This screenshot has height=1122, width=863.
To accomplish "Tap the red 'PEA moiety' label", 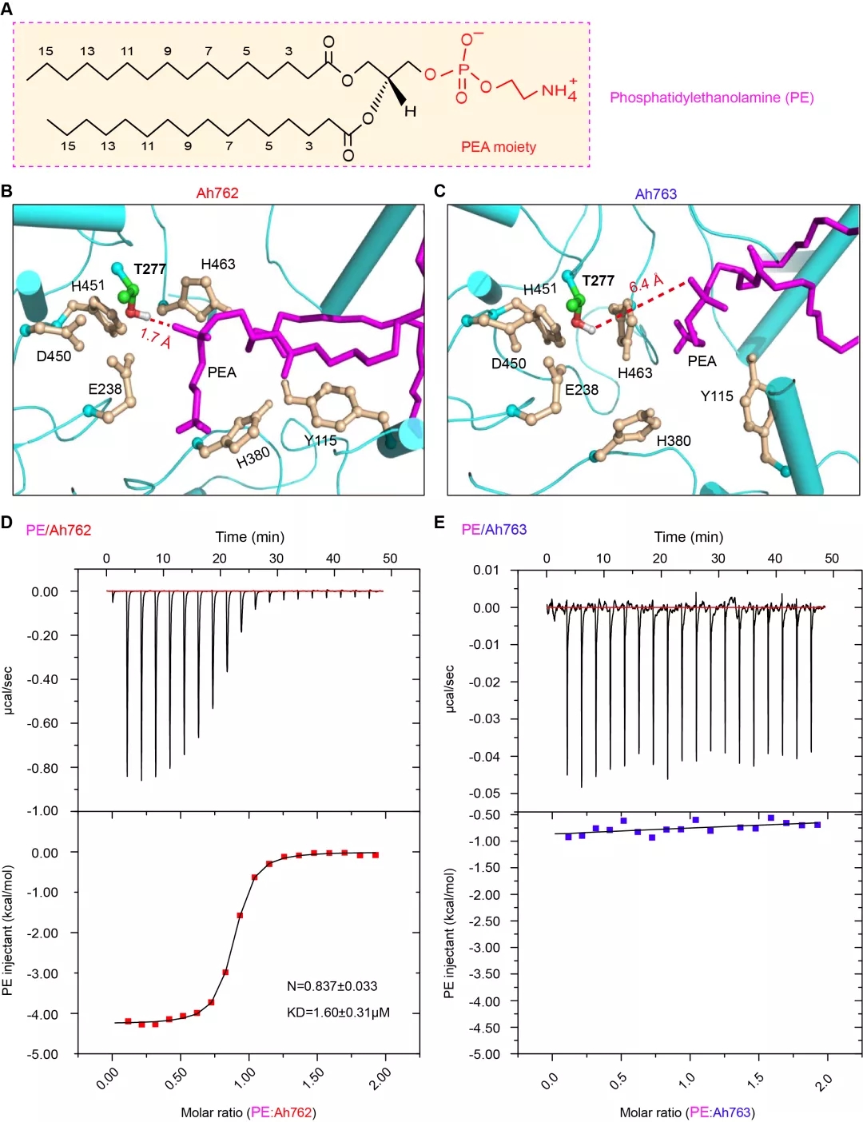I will click(x=498, y=147).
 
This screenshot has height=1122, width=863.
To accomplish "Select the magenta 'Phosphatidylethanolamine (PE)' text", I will click(x=711, y=97).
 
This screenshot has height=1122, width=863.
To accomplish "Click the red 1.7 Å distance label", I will click(x=155, y=338).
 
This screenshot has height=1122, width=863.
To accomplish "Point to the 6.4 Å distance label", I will click(x=646, y=284).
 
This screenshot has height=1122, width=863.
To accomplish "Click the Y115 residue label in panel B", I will click(x=320, y=440).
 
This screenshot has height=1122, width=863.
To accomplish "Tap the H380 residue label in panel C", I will click(x=674, y=441).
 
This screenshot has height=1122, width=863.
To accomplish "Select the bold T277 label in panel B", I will click(x=149, y=269).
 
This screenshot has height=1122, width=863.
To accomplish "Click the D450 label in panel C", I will click(x=508, y=364).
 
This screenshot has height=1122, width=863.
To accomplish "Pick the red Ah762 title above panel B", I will click(x=217, y=193).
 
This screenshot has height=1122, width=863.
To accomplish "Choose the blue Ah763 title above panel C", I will click(x=655, y=194).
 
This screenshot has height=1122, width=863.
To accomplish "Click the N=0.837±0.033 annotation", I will click(x=332, y=986).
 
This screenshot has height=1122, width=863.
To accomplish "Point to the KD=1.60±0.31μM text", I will click(x=338, y=1013).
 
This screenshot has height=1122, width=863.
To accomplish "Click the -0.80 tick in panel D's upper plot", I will click(x=45, y=768).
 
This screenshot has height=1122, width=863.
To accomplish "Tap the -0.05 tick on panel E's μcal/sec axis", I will click(x=486, y=794).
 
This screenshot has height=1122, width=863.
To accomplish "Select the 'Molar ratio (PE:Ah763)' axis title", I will click(x=686, y=1112).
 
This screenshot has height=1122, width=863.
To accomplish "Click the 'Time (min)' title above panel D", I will click(x=249, y=537).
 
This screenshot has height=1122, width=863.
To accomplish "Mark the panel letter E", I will click(x=439, y=523).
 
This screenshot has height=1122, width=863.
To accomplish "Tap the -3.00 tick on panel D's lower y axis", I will click(x=45, y=974).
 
